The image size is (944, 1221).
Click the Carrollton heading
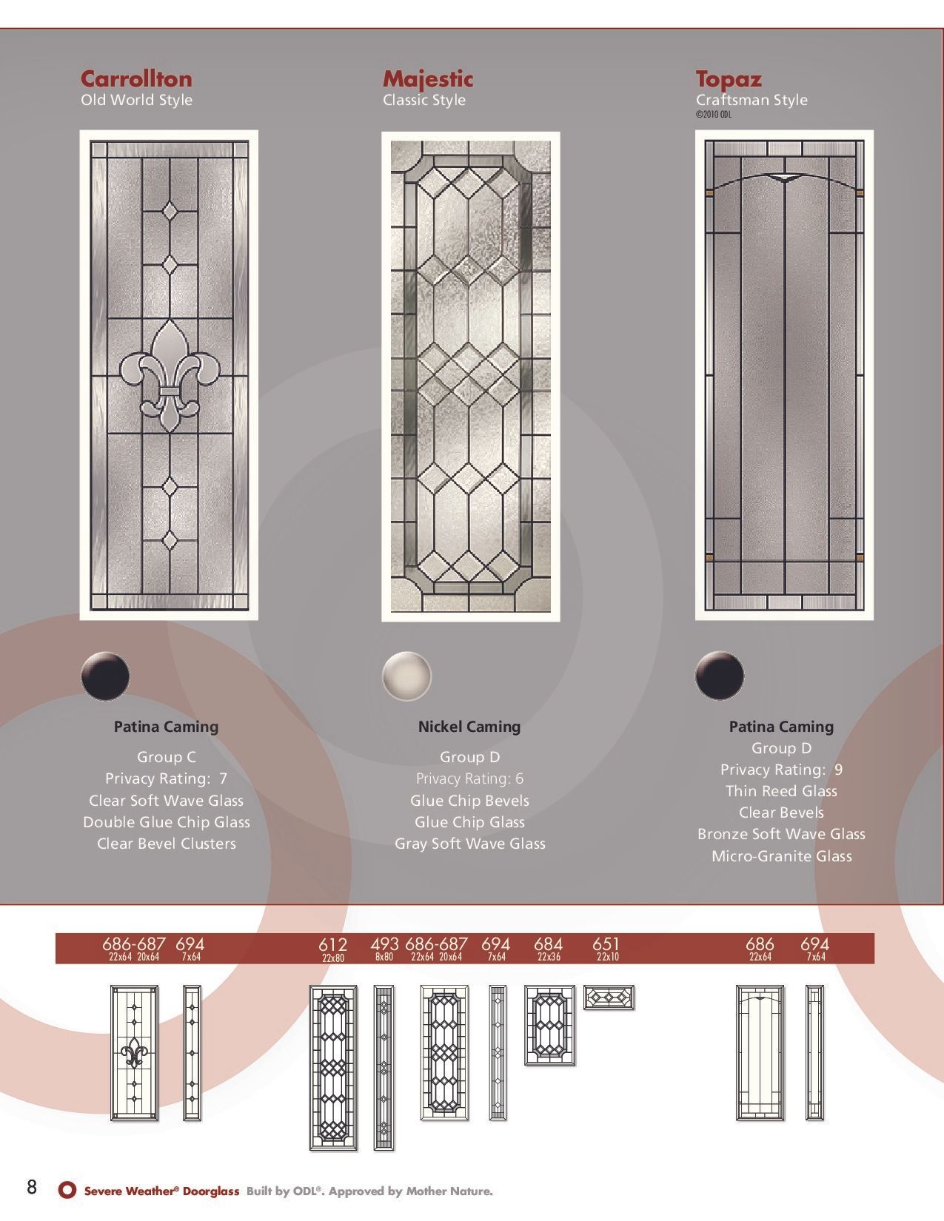(136, 79)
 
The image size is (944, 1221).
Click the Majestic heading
(427, 79)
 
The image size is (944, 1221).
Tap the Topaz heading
(728, 79)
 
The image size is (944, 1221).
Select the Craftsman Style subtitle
(751, 100)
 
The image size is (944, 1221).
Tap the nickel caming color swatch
(406, 675)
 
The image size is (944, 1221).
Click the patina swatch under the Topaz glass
(720, 675)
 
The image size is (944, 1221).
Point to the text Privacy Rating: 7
(166, 778)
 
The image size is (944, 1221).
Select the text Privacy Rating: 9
(781, 770)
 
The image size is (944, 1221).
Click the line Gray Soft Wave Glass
(469, 844)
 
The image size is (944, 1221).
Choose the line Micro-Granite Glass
(781, 856)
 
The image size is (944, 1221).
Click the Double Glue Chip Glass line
(166, 822)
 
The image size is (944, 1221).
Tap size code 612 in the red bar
(332, 945)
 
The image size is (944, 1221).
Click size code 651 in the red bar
(606, 945)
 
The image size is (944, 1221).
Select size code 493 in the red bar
(384, 945)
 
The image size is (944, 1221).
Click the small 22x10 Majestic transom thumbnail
(609, 998)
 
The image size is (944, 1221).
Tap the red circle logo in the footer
(67, 1190)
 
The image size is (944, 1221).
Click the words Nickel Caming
(469, 727)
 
